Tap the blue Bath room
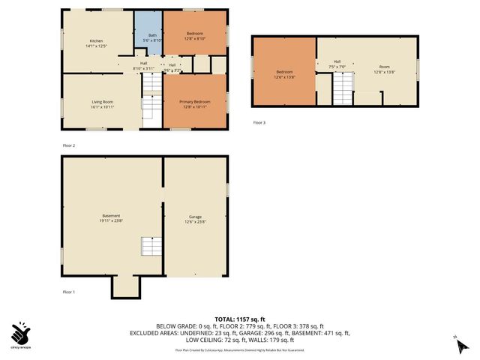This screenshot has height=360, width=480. [152, 37]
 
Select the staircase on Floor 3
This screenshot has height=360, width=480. [342, 91]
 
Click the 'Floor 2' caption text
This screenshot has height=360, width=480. [69, 145]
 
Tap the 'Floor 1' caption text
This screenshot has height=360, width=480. [69, 291]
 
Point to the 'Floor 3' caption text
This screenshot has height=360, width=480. [259, 122]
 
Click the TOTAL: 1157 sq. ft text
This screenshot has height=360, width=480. [239, 319]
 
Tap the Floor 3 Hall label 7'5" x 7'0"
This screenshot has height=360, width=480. [337, 64]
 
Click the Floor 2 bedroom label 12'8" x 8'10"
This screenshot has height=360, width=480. [194, 36]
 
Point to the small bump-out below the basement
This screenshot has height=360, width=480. [125, 285]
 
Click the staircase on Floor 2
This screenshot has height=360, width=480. [152, 107]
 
